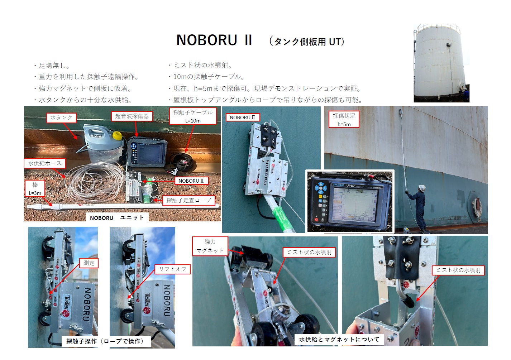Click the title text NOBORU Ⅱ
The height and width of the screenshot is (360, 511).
(x=214, y=40)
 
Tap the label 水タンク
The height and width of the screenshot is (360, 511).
(x=61, y=117)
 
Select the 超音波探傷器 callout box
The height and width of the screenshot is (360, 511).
(x=132, y=116)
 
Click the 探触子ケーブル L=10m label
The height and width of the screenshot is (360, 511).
(x=193, y=116)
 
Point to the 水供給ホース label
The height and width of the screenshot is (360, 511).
(x=45, y=163)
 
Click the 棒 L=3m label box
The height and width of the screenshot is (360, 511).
(x=35, y=188)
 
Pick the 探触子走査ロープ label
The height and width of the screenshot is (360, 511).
(x=188, y=200)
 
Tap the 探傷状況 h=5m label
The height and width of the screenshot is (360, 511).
(x=344, y=120)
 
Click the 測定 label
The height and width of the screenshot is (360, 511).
(x=89, y=263)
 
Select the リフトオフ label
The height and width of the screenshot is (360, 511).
(x=172, y=269)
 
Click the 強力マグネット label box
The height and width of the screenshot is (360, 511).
(x=210, y=246)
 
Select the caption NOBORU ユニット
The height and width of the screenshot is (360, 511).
(x=117, y=218)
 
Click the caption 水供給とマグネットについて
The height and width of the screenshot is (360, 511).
(x=339, y=340)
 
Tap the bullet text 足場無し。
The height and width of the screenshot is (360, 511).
(x=54, y=66)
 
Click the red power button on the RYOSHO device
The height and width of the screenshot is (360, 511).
(x=316, y=220)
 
